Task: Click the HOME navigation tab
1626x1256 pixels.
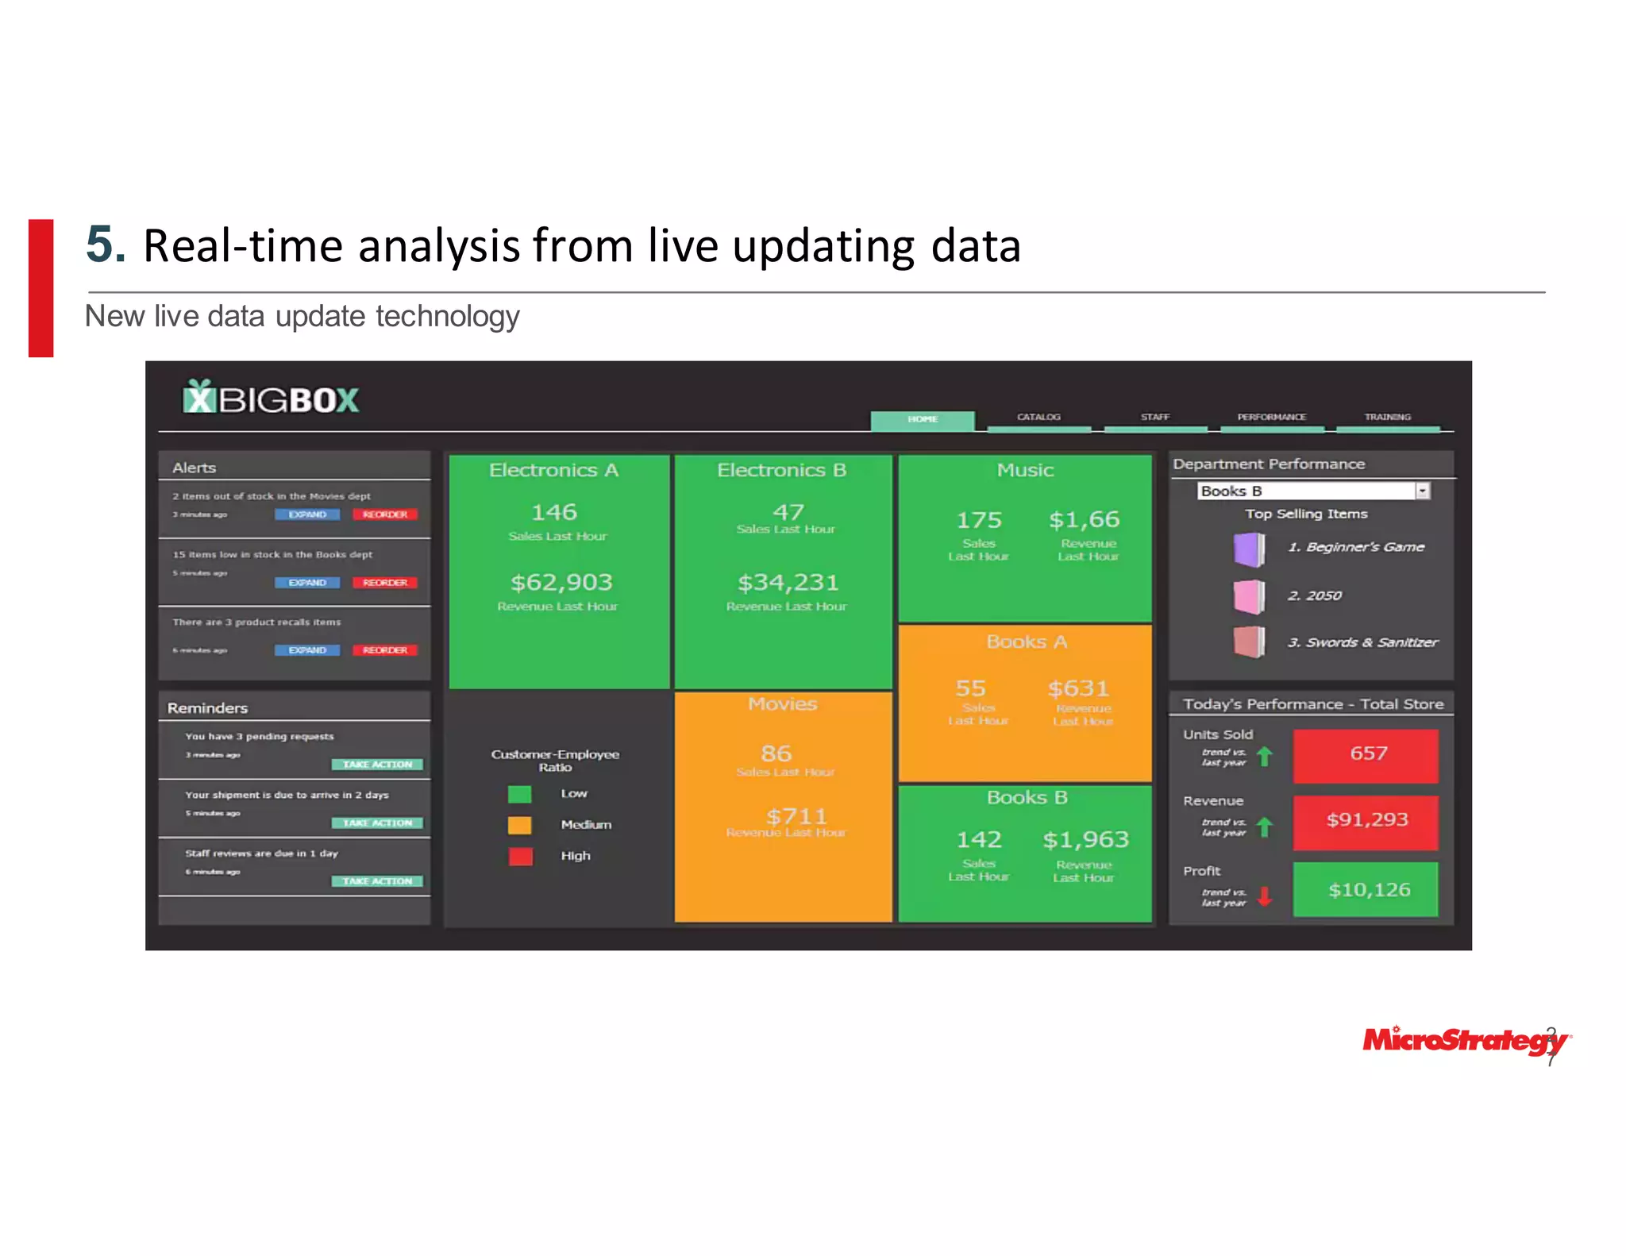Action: coord(922,419)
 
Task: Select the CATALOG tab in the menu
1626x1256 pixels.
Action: coord(1038,418)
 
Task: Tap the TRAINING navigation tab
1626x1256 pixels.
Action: coord(1387,418)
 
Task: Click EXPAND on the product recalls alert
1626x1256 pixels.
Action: coord(307,650)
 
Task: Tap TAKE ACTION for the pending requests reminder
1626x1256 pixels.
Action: coord(377,765)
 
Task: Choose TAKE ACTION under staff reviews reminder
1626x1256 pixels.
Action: coord(377,881)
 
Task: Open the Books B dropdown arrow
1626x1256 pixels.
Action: coord(1422,491)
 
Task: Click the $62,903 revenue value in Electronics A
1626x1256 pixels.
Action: coord(561,583)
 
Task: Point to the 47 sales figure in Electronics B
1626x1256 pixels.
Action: coord(788,512)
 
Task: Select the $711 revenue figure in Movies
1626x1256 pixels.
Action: coord(796,816)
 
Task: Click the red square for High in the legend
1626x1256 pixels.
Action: coord(520,856)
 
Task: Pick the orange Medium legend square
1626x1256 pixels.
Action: coord(520,825)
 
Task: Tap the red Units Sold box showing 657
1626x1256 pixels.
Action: coord(1366,754)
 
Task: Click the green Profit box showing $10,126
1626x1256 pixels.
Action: coord(1366,890)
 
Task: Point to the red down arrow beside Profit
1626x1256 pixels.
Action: coord(1265,896)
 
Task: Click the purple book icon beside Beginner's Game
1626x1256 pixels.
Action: coord(1249,549)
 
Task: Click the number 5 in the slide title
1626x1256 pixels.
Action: coord(105,244)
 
